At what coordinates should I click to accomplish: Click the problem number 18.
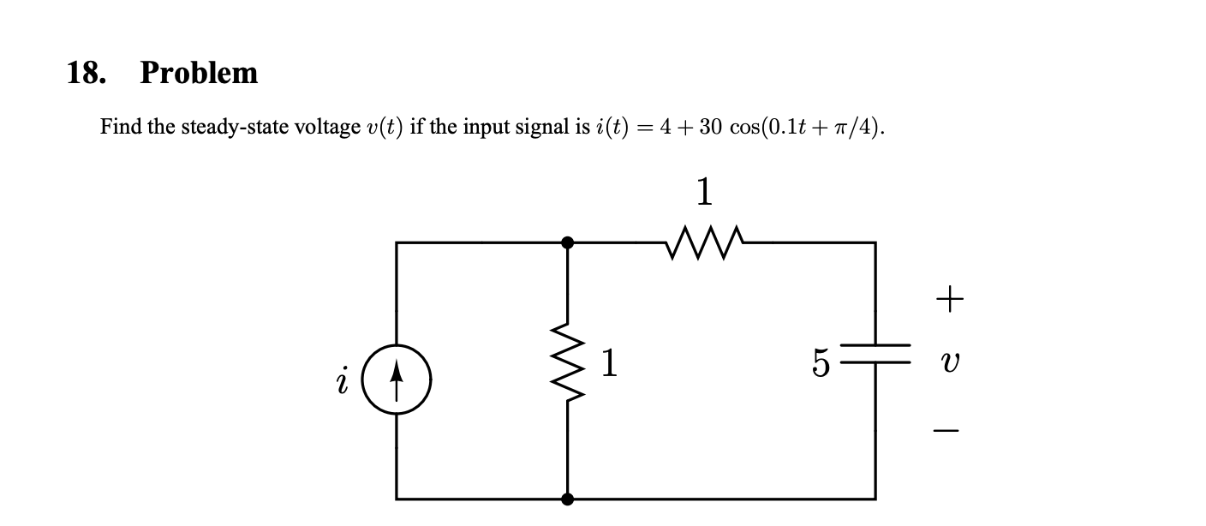click(x=86, y=73)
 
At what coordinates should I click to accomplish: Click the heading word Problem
click(x=199, y=73)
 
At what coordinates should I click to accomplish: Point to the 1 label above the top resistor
click(x=704, y=193)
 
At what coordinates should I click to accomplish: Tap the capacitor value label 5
click(x=821, y=365)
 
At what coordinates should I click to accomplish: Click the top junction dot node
click(x=567, y=242)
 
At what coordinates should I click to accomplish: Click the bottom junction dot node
click(x=567, y=498)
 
